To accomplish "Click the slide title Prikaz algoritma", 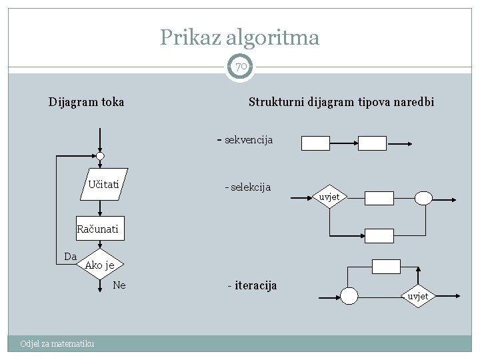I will [239, 37].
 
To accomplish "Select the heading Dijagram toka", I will [86, 102].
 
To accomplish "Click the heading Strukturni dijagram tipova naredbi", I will [341, 102].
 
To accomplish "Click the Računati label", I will [97, 229].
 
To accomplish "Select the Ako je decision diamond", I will [100, 265].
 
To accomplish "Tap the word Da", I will [70, 256].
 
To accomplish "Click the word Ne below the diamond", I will [119, 285].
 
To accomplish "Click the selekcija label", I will [248, 187].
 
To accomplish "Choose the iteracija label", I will [252, 285].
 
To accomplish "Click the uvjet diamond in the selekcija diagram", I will [329, 197].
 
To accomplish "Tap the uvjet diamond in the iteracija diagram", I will [418, 296].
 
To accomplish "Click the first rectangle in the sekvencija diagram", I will [315, 143].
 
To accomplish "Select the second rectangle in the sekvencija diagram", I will [373, 143].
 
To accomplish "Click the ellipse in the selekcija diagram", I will [423, 197].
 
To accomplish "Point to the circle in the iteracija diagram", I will [349, 295].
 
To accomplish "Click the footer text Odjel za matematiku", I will [57, 343].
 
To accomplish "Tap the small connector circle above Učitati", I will [100, 157].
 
